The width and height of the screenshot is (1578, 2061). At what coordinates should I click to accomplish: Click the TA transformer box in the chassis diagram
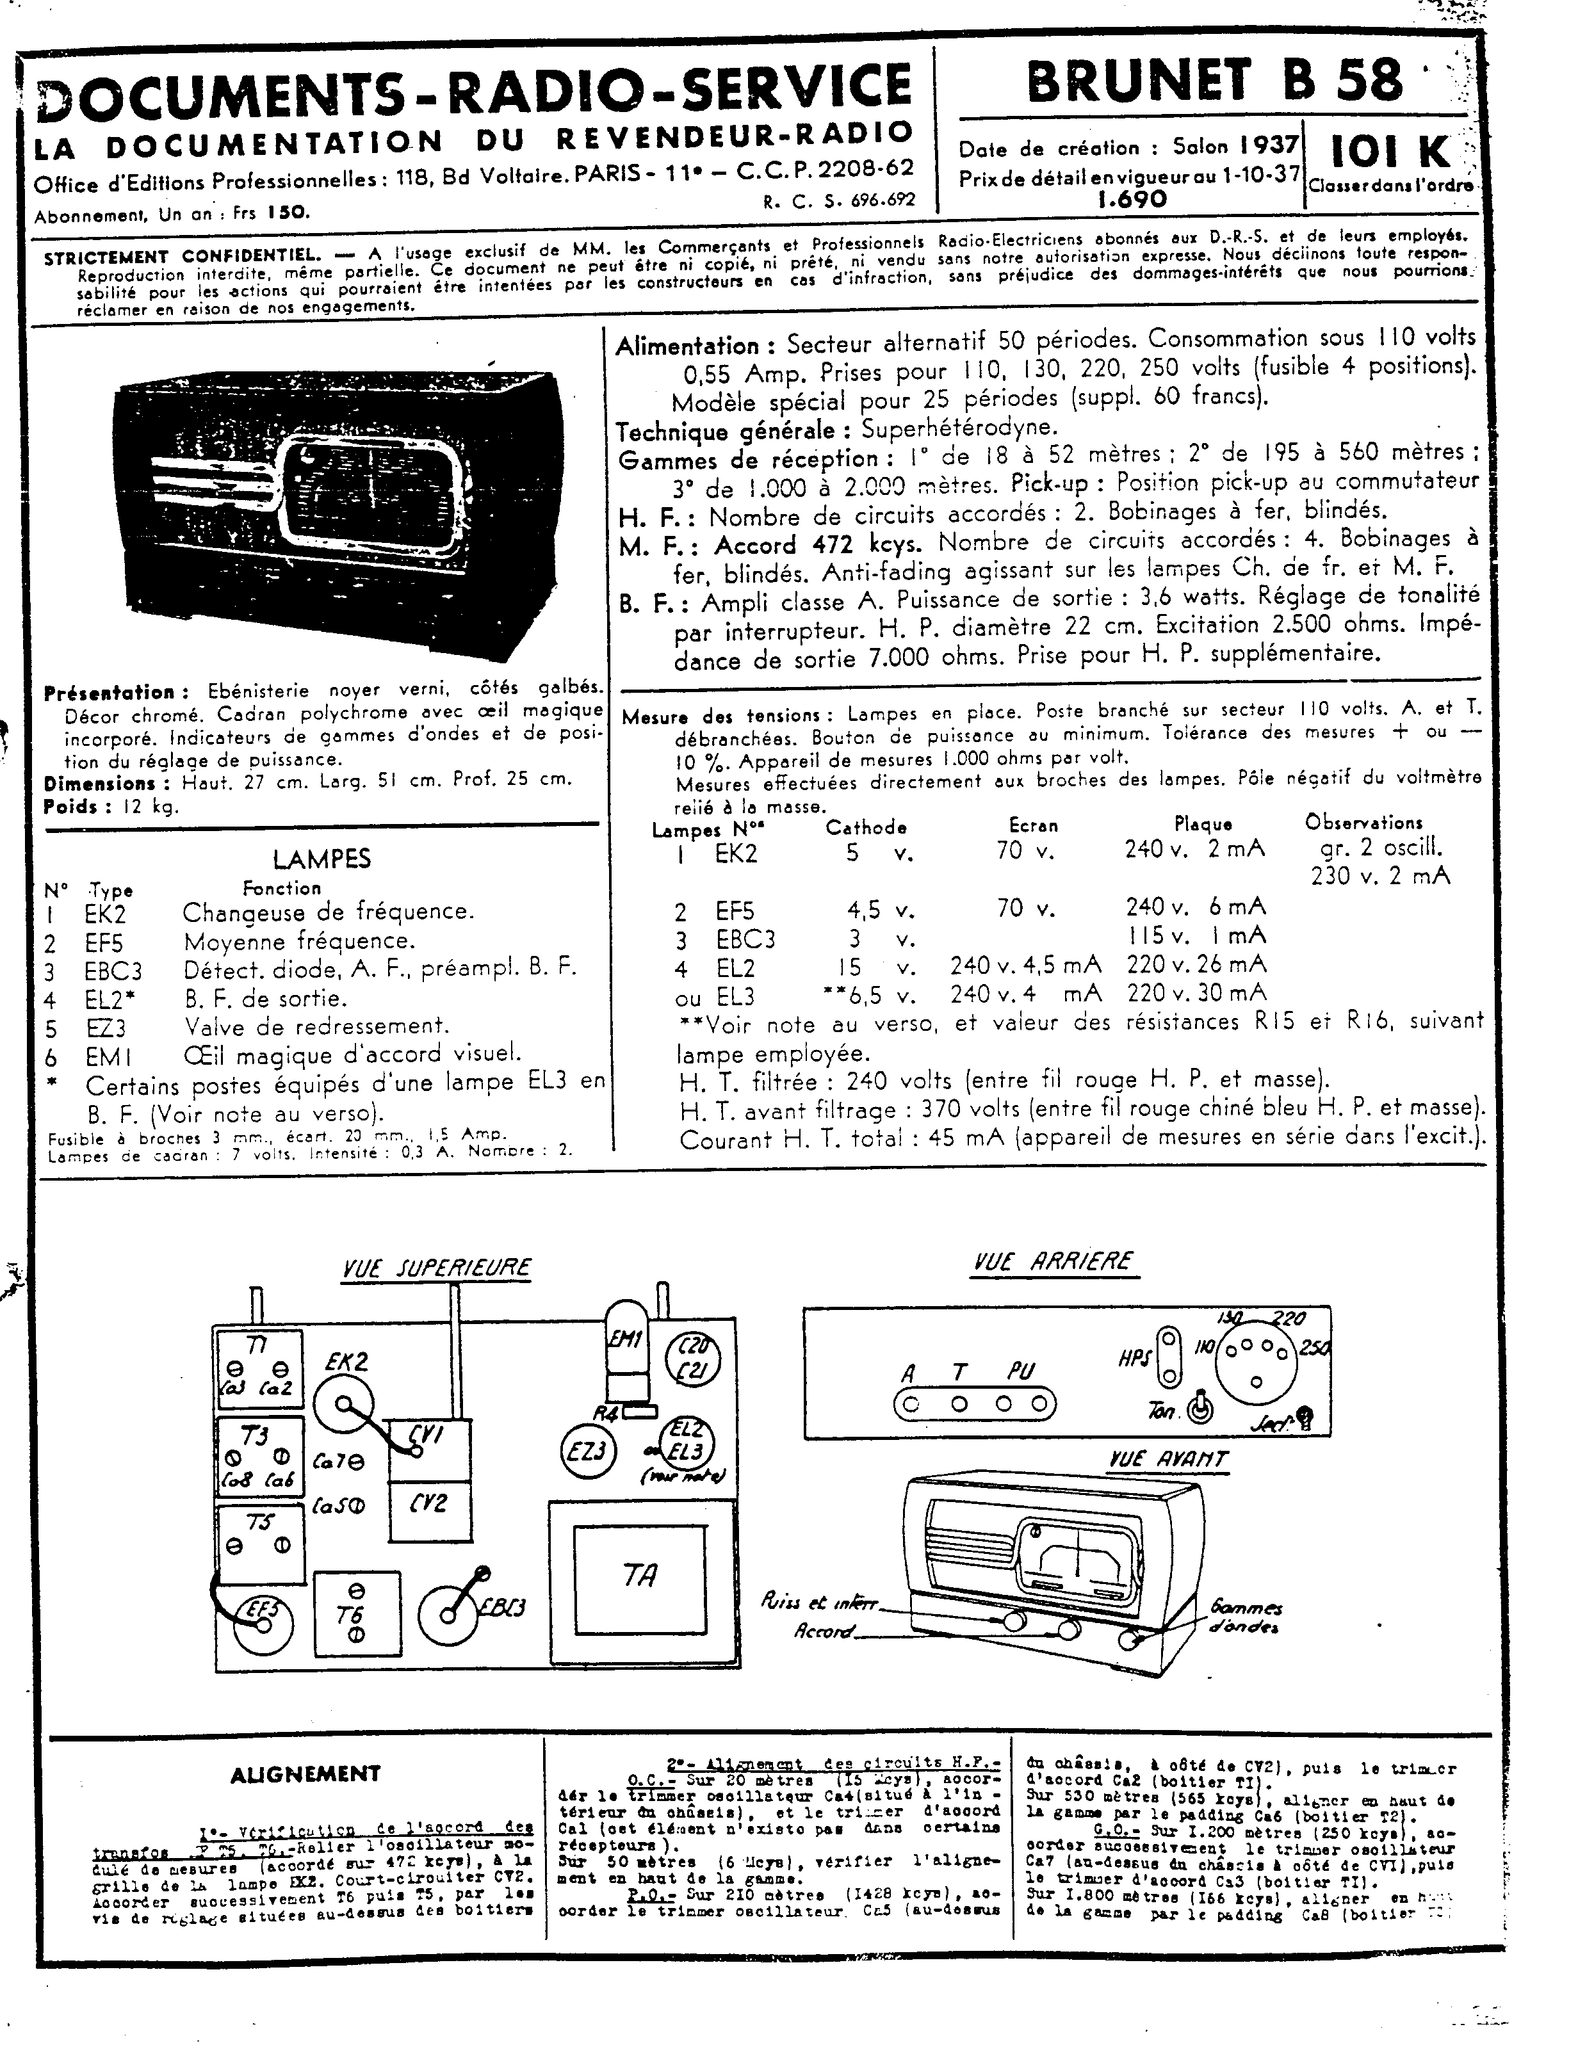tap(639, 1574)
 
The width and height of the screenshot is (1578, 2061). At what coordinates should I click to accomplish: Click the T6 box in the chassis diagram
tap(356, 1614)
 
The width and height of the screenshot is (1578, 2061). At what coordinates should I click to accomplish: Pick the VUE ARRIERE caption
tap(1053, 1261)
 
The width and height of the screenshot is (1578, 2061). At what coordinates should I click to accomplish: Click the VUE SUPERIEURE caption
tap(436, 1268)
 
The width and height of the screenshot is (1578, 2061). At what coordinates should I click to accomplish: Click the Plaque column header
tap(1202, 825)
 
